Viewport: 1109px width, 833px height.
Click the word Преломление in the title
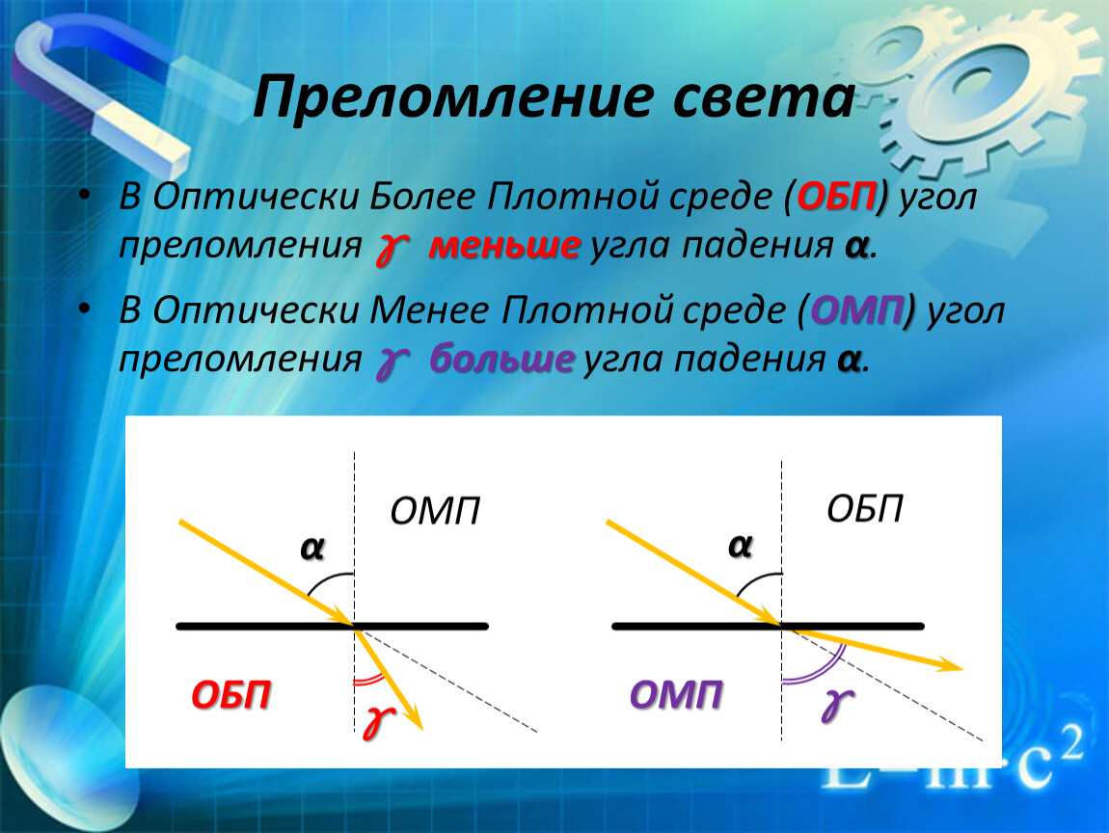pyautogui.click(x=452, y=96)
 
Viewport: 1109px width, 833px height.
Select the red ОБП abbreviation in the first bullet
pyautogui.click(x=837, y=196)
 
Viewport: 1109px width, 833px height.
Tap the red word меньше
pyautogui.click(x=504, y=246)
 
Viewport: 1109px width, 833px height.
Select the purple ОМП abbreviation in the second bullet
pyautogui.click(x=858, y=310)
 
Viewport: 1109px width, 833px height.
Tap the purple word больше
pyautogui.click(x=501, y=359)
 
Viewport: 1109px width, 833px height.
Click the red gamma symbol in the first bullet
pyautogui.click(x=392, y=249)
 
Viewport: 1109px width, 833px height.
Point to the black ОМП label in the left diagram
pyautogui.click(x=435, y=511)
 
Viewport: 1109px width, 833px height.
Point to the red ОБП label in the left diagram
pyautogui.click(x=231, y=695)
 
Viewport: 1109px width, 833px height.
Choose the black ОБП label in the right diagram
pyautogui.click(x=864, y=508)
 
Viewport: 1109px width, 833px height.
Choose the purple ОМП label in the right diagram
pyautogui.click(x=676, y=694)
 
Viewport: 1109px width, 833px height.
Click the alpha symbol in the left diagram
pyautogui.click(x=311, y=548)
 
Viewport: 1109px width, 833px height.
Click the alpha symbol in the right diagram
pyautogui.click(x=740, y=546)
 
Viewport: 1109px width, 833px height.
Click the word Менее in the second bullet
pyautogui.click(x=429, y=310)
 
